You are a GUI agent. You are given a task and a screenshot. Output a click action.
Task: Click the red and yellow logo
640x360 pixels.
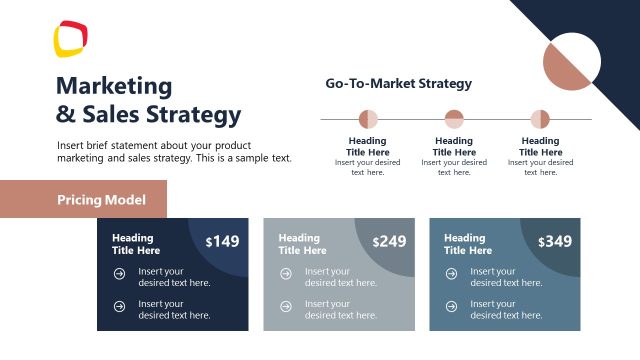[71, 39]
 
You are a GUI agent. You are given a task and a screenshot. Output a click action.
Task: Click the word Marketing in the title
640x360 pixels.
[114, 86]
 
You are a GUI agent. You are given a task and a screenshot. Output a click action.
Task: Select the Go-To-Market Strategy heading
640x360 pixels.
[398, 84]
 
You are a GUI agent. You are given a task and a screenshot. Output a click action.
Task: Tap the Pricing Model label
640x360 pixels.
[101, 200]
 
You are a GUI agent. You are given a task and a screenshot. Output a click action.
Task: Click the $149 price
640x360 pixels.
[223, 241]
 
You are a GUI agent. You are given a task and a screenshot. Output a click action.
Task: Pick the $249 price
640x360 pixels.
[389, 241]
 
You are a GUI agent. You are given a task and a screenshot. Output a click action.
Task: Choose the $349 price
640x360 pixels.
[555, 241]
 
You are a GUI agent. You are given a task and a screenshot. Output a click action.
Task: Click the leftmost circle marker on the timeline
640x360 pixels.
[368, 119]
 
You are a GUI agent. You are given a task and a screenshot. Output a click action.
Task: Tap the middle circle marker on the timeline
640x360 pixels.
[454, 119]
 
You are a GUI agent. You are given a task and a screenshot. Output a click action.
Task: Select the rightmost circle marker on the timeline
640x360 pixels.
[540, 119]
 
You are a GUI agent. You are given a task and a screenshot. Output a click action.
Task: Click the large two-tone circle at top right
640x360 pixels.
[571, 61]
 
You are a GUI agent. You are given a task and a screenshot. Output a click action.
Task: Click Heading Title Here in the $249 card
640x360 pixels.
[299, 244]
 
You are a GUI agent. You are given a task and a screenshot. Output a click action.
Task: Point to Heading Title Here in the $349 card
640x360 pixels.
[465, 244]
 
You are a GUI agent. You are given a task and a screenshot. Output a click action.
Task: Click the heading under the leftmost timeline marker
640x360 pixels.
[368, 147]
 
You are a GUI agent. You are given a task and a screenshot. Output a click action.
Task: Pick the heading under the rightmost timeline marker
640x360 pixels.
[540, 147]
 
